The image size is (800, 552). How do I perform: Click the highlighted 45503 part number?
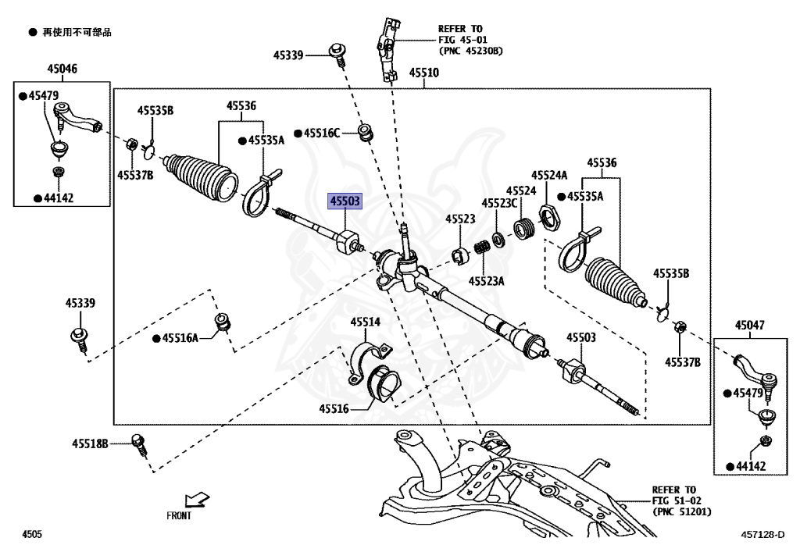pyautogui.click(x=345, y=201)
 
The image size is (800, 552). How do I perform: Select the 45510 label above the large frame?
pyautogui.click(x=424, y=73)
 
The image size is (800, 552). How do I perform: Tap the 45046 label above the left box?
pyautogui.click(x=62, y=68)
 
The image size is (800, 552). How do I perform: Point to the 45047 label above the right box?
pyautogui.click(x=750, y=325)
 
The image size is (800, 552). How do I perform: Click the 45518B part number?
pyautogui.click(x=90, y=444)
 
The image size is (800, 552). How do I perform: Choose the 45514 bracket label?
pyautogui.click(x=366, y=322)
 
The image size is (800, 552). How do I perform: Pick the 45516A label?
pyautogui.click(x=180, y=338)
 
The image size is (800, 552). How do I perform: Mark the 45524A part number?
pyautogui.click(x=549, y=176)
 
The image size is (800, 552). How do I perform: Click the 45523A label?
pyautogui.click(x=486, y=281)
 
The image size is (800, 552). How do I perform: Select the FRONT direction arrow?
pyautogui.click(x=196, y=500)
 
